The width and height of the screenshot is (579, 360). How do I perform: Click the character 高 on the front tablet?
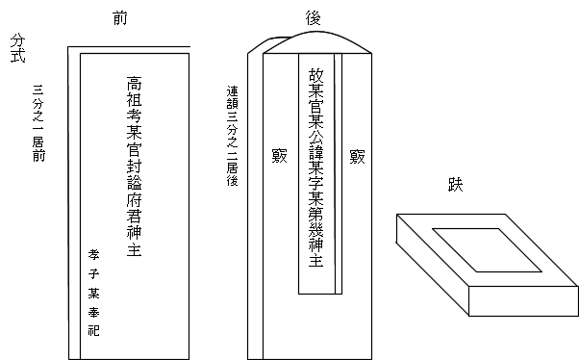pos(135,86)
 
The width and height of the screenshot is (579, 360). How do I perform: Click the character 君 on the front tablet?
pos(135,213)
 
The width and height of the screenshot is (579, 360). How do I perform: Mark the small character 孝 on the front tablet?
pos(93,255)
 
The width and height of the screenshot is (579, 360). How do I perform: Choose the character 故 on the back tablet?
pos(315,75)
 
